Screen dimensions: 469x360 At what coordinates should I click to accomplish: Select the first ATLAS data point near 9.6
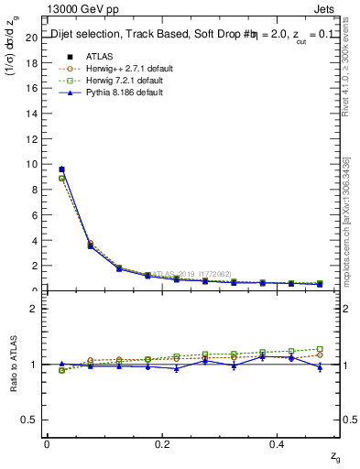coord(61,169)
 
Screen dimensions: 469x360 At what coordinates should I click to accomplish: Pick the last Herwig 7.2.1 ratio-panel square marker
coord(320,349)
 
